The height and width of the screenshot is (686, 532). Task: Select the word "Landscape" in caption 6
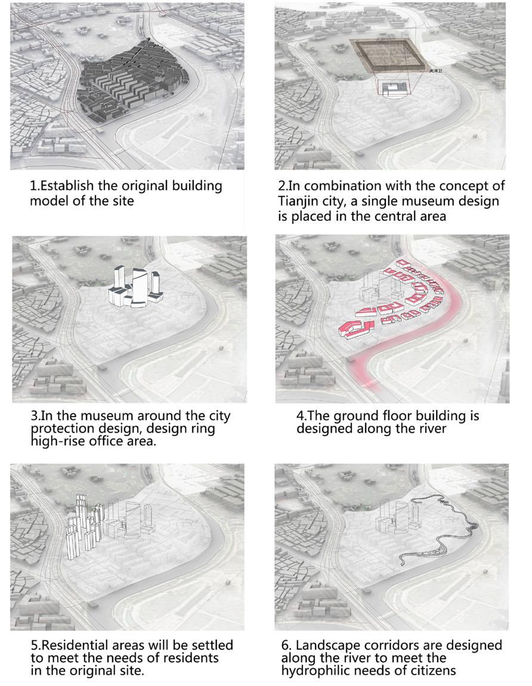click(327, 646)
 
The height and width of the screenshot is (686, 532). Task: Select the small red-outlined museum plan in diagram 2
click(392, 88)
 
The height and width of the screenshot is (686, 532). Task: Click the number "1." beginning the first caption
click(35, 186)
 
